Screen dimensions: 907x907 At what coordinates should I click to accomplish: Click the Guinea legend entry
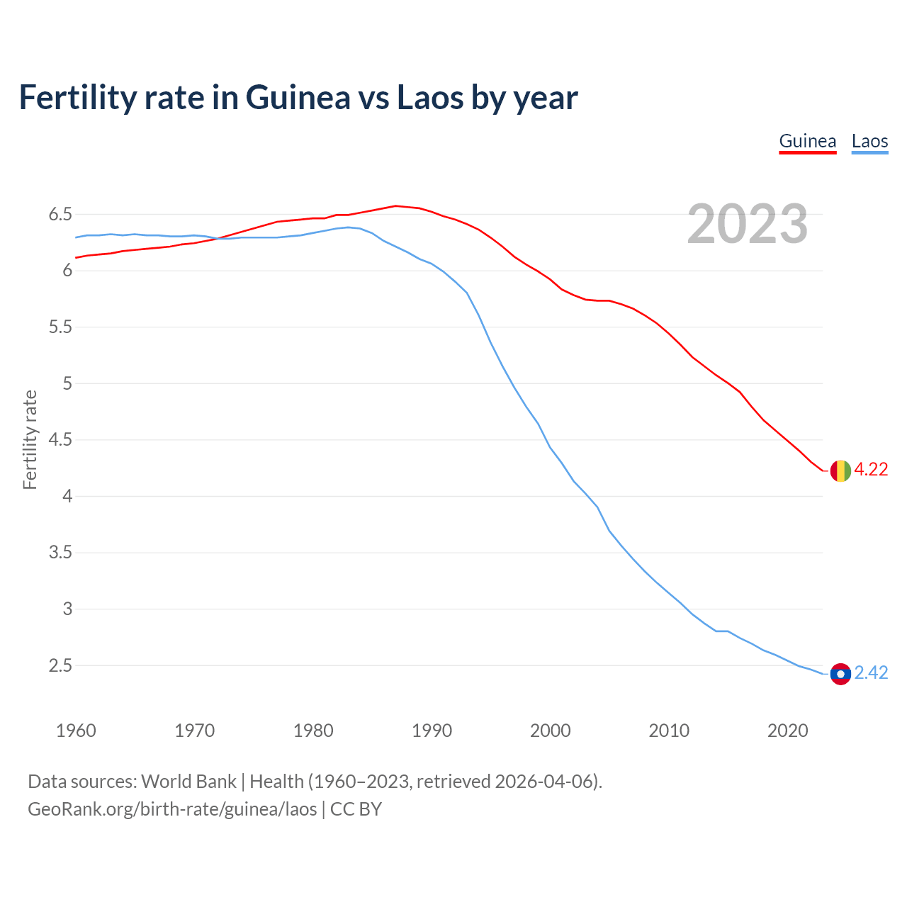[807, 141]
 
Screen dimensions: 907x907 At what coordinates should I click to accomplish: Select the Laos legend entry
[869, 141]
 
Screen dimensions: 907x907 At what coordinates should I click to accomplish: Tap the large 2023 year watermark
[747, 224]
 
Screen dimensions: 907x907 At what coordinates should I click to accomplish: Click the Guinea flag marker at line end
[840, 471]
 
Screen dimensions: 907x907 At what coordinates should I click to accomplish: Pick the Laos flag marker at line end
[840, 674]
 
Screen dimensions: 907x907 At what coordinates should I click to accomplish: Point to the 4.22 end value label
[871, 470]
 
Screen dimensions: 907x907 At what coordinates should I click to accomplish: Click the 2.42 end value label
[871, 673]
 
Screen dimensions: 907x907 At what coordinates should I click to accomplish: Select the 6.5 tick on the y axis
[60, 215]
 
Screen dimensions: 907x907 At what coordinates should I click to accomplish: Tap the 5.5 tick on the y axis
[60, 327]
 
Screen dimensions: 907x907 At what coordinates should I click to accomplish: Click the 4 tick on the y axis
[67, 496]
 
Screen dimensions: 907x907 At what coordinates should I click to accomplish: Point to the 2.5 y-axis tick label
[60, 665]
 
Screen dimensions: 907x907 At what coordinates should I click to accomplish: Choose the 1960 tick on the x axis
[76, 731]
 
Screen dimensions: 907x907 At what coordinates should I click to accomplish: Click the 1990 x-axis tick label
[432, 731]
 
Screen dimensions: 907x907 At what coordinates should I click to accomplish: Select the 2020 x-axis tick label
[787, 731]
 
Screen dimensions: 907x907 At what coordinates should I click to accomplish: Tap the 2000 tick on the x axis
[550, 731]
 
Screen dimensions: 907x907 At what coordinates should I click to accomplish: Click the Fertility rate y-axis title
[30, 439]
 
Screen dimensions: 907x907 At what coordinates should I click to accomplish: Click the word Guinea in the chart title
[298, 98]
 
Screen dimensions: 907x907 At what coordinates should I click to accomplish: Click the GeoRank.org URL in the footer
[172, 809]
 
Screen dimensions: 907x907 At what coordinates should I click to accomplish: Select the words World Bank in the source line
[188, 782]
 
